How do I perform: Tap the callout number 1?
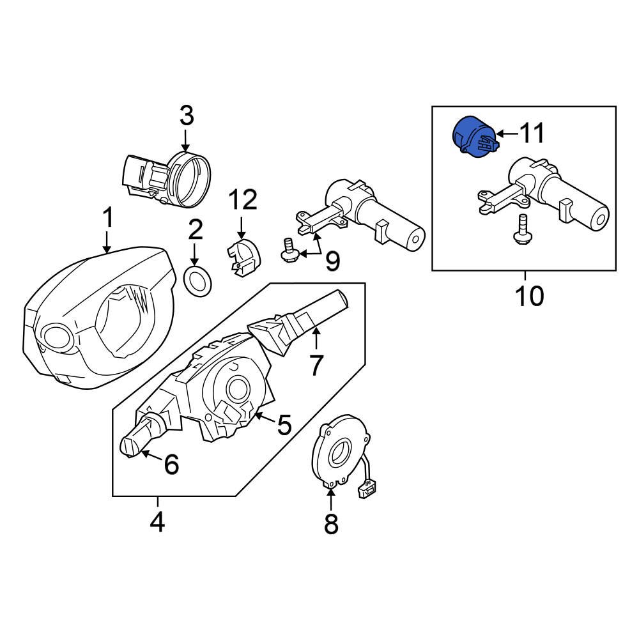108,218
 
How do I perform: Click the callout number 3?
185,117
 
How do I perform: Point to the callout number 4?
157,523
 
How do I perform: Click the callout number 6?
171,465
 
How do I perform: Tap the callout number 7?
316,365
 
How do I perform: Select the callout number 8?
330,524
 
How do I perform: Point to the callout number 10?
529,295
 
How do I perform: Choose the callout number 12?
243,200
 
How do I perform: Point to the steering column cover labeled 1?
96,319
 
